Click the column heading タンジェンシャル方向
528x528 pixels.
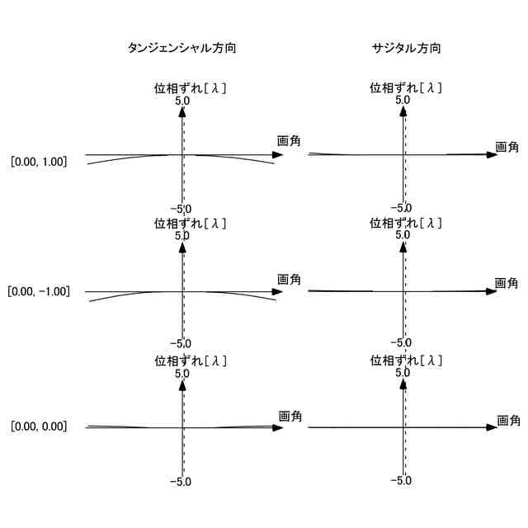tap(182, 49)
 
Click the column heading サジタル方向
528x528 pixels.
tap(406, 49)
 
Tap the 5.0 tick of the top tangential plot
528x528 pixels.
tap(182, 101)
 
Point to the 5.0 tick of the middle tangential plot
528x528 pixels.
tap(182, 236)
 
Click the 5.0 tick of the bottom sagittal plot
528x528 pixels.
tap(403, 373)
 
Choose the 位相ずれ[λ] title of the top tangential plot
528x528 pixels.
tap(191, 87)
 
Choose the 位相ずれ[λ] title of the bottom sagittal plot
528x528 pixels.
tap(407, 361)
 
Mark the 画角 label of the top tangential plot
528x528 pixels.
tap(289, 141)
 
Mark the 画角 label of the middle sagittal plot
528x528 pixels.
tap(507, 283)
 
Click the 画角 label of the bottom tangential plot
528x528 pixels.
tap(290, 417)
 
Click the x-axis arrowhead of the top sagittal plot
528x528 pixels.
tap(493, 155)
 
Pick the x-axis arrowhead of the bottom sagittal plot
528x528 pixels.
tap(493, 427)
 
